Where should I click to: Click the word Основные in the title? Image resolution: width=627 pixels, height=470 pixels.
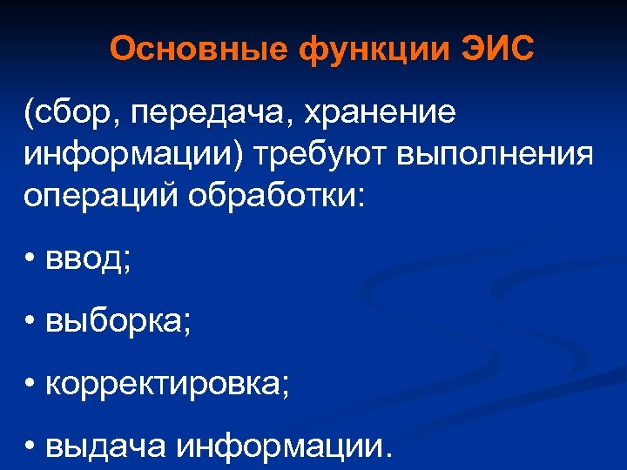tap(199, 50)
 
